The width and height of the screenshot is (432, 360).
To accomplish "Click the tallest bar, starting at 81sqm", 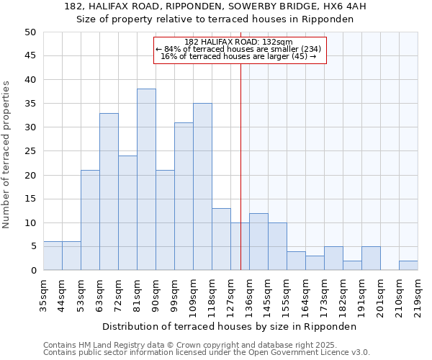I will [146, 179].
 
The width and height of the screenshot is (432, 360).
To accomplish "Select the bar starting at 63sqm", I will [109, 192].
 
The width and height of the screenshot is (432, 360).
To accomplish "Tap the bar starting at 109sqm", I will [202, 186].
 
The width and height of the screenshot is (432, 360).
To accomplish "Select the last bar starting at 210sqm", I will [408, 265].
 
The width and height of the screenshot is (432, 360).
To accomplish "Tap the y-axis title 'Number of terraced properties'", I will [6, 154].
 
